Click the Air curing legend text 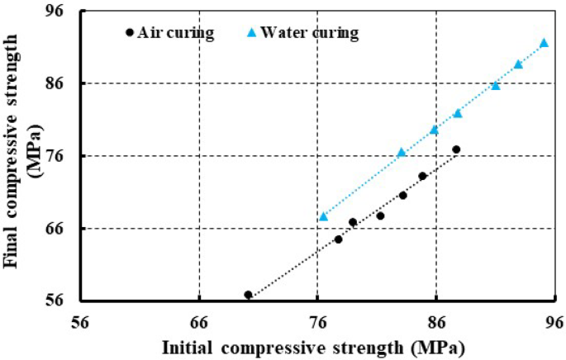176,33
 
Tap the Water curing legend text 309,33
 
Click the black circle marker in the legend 129,33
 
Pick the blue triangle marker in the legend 253,33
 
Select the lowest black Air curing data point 248,295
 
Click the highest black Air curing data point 456,149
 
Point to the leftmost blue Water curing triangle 324,216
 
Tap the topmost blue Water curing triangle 544,43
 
